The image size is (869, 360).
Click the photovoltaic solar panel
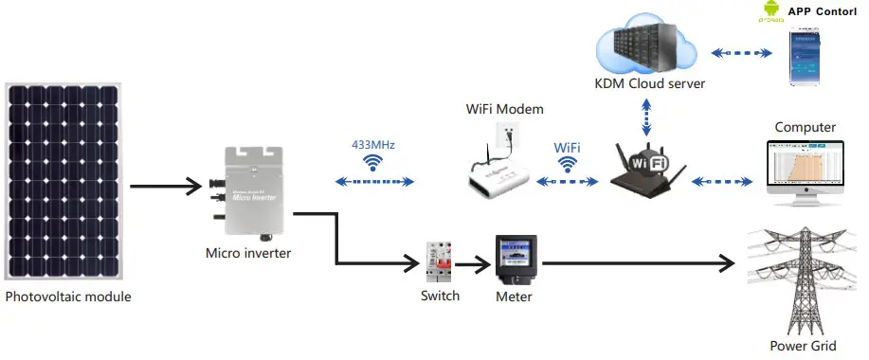[63, 181]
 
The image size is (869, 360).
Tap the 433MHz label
[371, 145]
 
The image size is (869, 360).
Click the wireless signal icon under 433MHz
[372, 163]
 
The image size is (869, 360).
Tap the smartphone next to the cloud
[814, 58]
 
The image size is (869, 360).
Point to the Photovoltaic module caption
[68, 297]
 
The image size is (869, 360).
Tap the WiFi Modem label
[504, 109]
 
